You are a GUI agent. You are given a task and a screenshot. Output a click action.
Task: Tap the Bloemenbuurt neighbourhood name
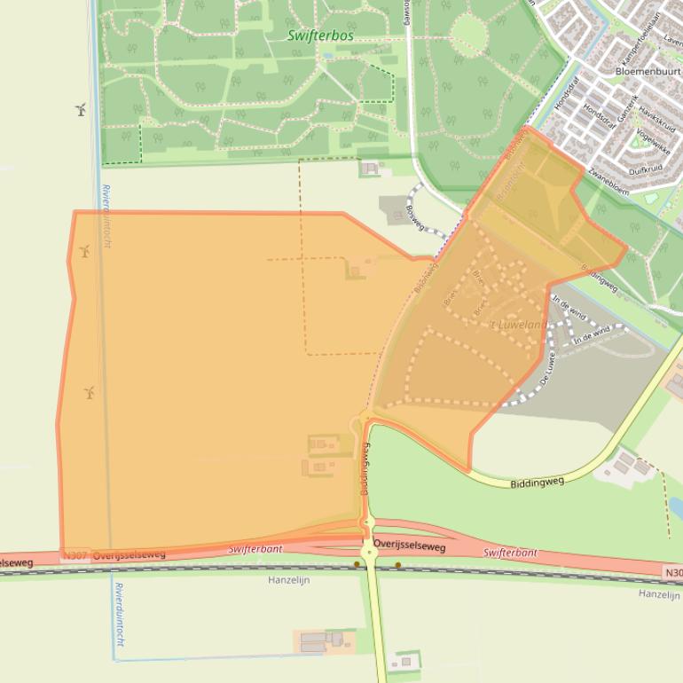click(648, 70)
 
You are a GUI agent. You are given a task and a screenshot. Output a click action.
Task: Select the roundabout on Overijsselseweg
click(369, 552)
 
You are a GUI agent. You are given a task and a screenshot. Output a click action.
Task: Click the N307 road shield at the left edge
click(75, 556)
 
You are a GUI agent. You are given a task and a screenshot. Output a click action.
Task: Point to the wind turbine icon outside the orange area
click(81, 109)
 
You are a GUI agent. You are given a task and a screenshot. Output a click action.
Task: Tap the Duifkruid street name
click(645, 169)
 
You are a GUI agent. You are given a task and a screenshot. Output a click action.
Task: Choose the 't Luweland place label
click(520, 325)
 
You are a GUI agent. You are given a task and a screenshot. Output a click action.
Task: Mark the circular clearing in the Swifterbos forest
click(468, 34)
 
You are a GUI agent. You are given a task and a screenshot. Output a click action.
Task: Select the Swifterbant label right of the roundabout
click(510, 553)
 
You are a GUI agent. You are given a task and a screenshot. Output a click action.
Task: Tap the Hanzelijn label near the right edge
click(659, 593)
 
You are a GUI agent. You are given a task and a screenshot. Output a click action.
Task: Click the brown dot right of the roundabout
click(398, 564)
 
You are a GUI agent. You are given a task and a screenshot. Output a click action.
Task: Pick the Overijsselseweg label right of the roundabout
click(409, 543)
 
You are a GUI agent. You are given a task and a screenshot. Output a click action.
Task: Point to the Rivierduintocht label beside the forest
click(106, 216)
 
